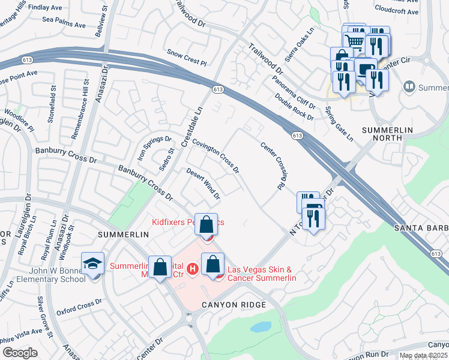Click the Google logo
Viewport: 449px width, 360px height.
(x=20, y=353)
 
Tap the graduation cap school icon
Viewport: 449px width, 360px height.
(x=93, y=263)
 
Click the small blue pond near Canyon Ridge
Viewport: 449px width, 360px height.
(x=261, y=327)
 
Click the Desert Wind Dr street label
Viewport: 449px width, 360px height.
(x=203, y=183)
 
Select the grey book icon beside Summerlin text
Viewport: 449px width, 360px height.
(x=410, y=87)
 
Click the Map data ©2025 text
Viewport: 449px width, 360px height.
(x=423, y=355)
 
